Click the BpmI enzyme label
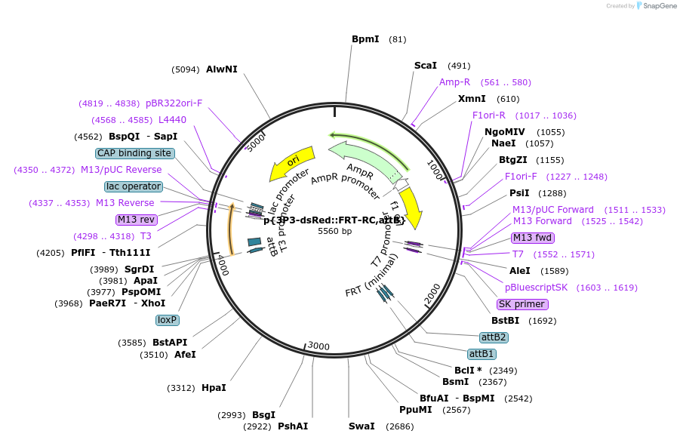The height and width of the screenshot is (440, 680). coord(365,39)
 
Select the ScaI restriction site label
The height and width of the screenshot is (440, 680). coord(426,66)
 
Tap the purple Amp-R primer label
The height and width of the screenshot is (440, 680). coord(454,82)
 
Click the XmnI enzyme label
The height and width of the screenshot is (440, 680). coord(472,99)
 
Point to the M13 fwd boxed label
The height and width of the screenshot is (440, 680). coord(532,238)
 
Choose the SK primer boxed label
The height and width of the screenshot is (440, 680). coord(522,304)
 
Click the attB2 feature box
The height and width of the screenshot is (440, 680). coord(494,337)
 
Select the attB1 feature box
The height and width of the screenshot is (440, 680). coord(482,354)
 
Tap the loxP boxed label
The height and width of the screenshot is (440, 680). coord(167,320)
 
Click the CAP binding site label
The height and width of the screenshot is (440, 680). coord(135,153)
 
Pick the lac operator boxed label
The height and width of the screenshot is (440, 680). coord(134,186)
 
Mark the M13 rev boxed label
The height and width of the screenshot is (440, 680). coord(137,220)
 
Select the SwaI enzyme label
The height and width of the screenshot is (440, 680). coord(362,426)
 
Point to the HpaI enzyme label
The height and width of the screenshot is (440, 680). coord(214,388)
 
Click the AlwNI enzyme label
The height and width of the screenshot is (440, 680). coord(222,69)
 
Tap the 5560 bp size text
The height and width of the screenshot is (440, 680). coord(334,231)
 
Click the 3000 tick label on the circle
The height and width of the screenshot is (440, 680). coord(318,346)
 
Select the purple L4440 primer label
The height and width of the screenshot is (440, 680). coord(172,120)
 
